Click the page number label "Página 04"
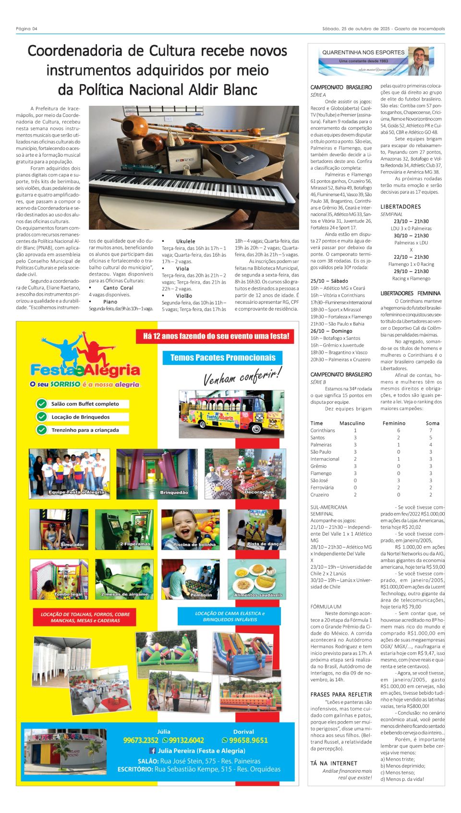pos(26,28)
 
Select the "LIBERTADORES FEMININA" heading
pos(410,293)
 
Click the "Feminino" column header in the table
pos(394,423)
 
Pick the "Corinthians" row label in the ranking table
pos(323,430)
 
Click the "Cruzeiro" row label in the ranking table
pos(319,495)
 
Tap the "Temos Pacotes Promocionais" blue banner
pos(223,358)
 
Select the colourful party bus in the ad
pos(231,413)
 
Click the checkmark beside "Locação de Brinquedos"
pos(42,417)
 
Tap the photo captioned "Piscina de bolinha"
pos(191,529)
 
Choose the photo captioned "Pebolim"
pos(191,579)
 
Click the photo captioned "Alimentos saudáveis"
pos(257,579)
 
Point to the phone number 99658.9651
pos(248,740)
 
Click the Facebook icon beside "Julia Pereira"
pos(153,751)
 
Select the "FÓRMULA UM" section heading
pos(326,607)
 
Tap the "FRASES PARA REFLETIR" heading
pos(341,694)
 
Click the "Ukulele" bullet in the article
pos(185,241)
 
